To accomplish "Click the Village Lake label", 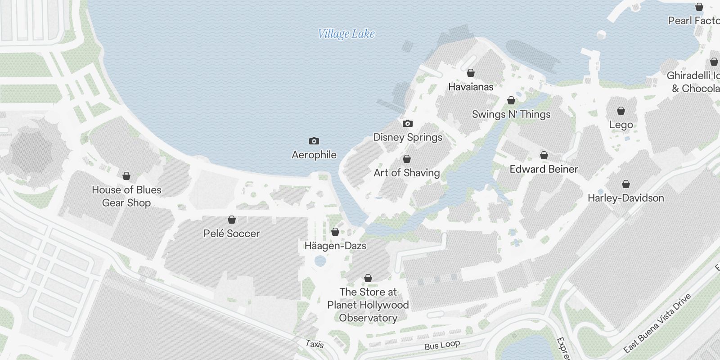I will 346,34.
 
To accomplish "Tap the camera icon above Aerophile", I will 314,141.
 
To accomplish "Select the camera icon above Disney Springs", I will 408,124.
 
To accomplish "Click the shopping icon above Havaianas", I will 471,73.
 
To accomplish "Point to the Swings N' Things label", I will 511,114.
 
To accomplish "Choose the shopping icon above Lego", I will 621,111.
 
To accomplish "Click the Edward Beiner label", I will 544,169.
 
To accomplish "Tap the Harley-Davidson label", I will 625,198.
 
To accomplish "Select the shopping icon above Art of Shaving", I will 407,159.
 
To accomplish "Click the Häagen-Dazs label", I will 335,246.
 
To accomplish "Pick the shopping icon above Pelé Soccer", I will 232,220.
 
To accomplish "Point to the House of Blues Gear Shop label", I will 126,196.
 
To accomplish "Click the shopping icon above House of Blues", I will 126,176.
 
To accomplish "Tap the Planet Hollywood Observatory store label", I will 368,305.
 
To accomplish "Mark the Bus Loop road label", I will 442,345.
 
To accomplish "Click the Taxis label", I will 315,344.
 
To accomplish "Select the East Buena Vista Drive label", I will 657,324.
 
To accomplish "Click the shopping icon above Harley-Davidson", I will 625,184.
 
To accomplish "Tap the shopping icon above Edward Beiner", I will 544,156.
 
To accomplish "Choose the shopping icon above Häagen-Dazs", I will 335,232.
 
